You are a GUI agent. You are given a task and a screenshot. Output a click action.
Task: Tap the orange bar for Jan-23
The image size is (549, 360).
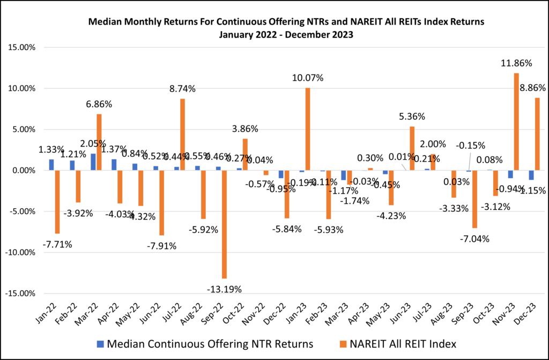[308, 129]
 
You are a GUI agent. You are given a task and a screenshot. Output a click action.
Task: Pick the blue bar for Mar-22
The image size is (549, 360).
[93, 162]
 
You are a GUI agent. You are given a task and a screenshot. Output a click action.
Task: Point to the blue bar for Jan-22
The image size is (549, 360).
[51, 165]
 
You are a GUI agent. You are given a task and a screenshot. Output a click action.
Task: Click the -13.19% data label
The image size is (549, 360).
[224, 289]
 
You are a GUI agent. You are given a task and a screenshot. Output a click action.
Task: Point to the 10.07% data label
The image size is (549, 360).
[307, 78]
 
